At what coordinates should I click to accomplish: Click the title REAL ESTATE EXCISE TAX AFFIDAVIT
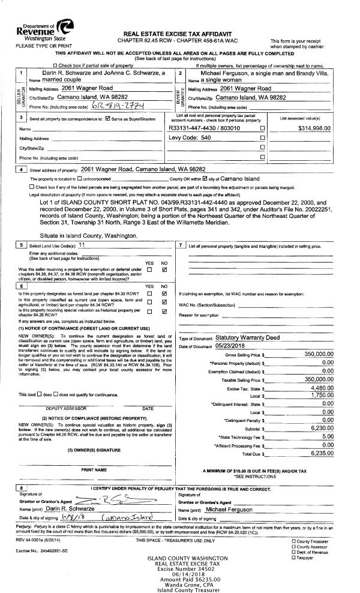click(179, 34)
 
